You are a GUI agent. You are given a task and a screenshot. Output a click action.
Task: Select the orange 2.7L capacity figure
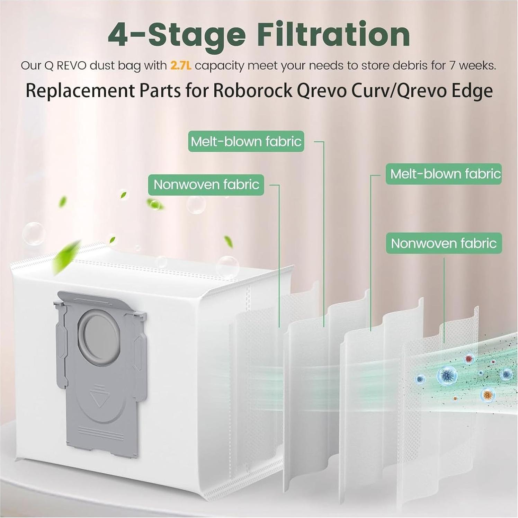(181, 65)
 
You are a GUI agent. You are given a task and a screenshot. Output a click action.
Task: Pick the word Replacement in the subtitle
(78, 91)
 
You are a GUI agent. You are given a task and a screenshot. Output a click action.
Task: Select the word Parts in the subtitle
(159, 91)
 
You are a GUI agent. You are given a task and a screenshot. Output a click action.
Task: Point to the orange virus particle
(488, 394)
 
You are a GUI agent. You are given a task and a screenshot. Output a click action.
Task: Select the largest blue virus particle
(447, 375)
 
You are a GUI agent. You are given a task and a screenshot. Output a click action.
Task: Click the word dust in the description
(102, 65)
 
